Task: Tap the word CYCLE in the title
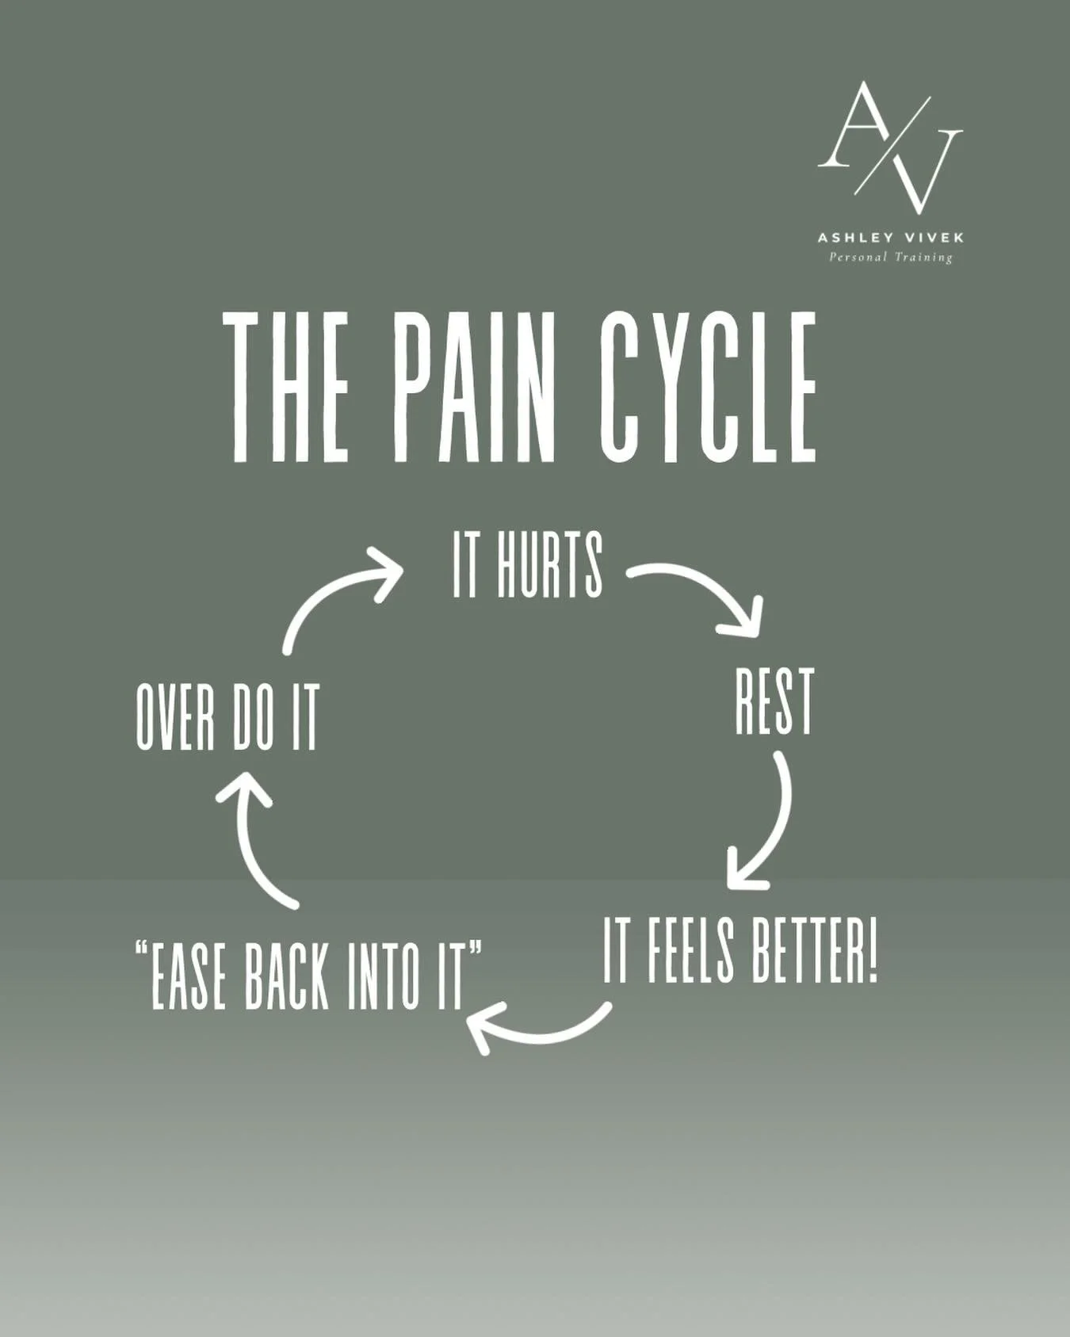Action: point(709,386)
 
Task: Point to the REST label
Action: point(774,701)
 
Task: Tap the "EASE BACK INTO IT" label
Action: point(308,975)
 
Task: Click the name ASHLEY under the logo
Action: point(848,238)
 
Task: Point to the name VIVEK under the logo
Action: point(932,238)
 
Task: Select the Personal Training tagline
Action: point(890,257)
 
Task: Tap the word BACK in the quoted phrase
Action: point(286,975)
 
